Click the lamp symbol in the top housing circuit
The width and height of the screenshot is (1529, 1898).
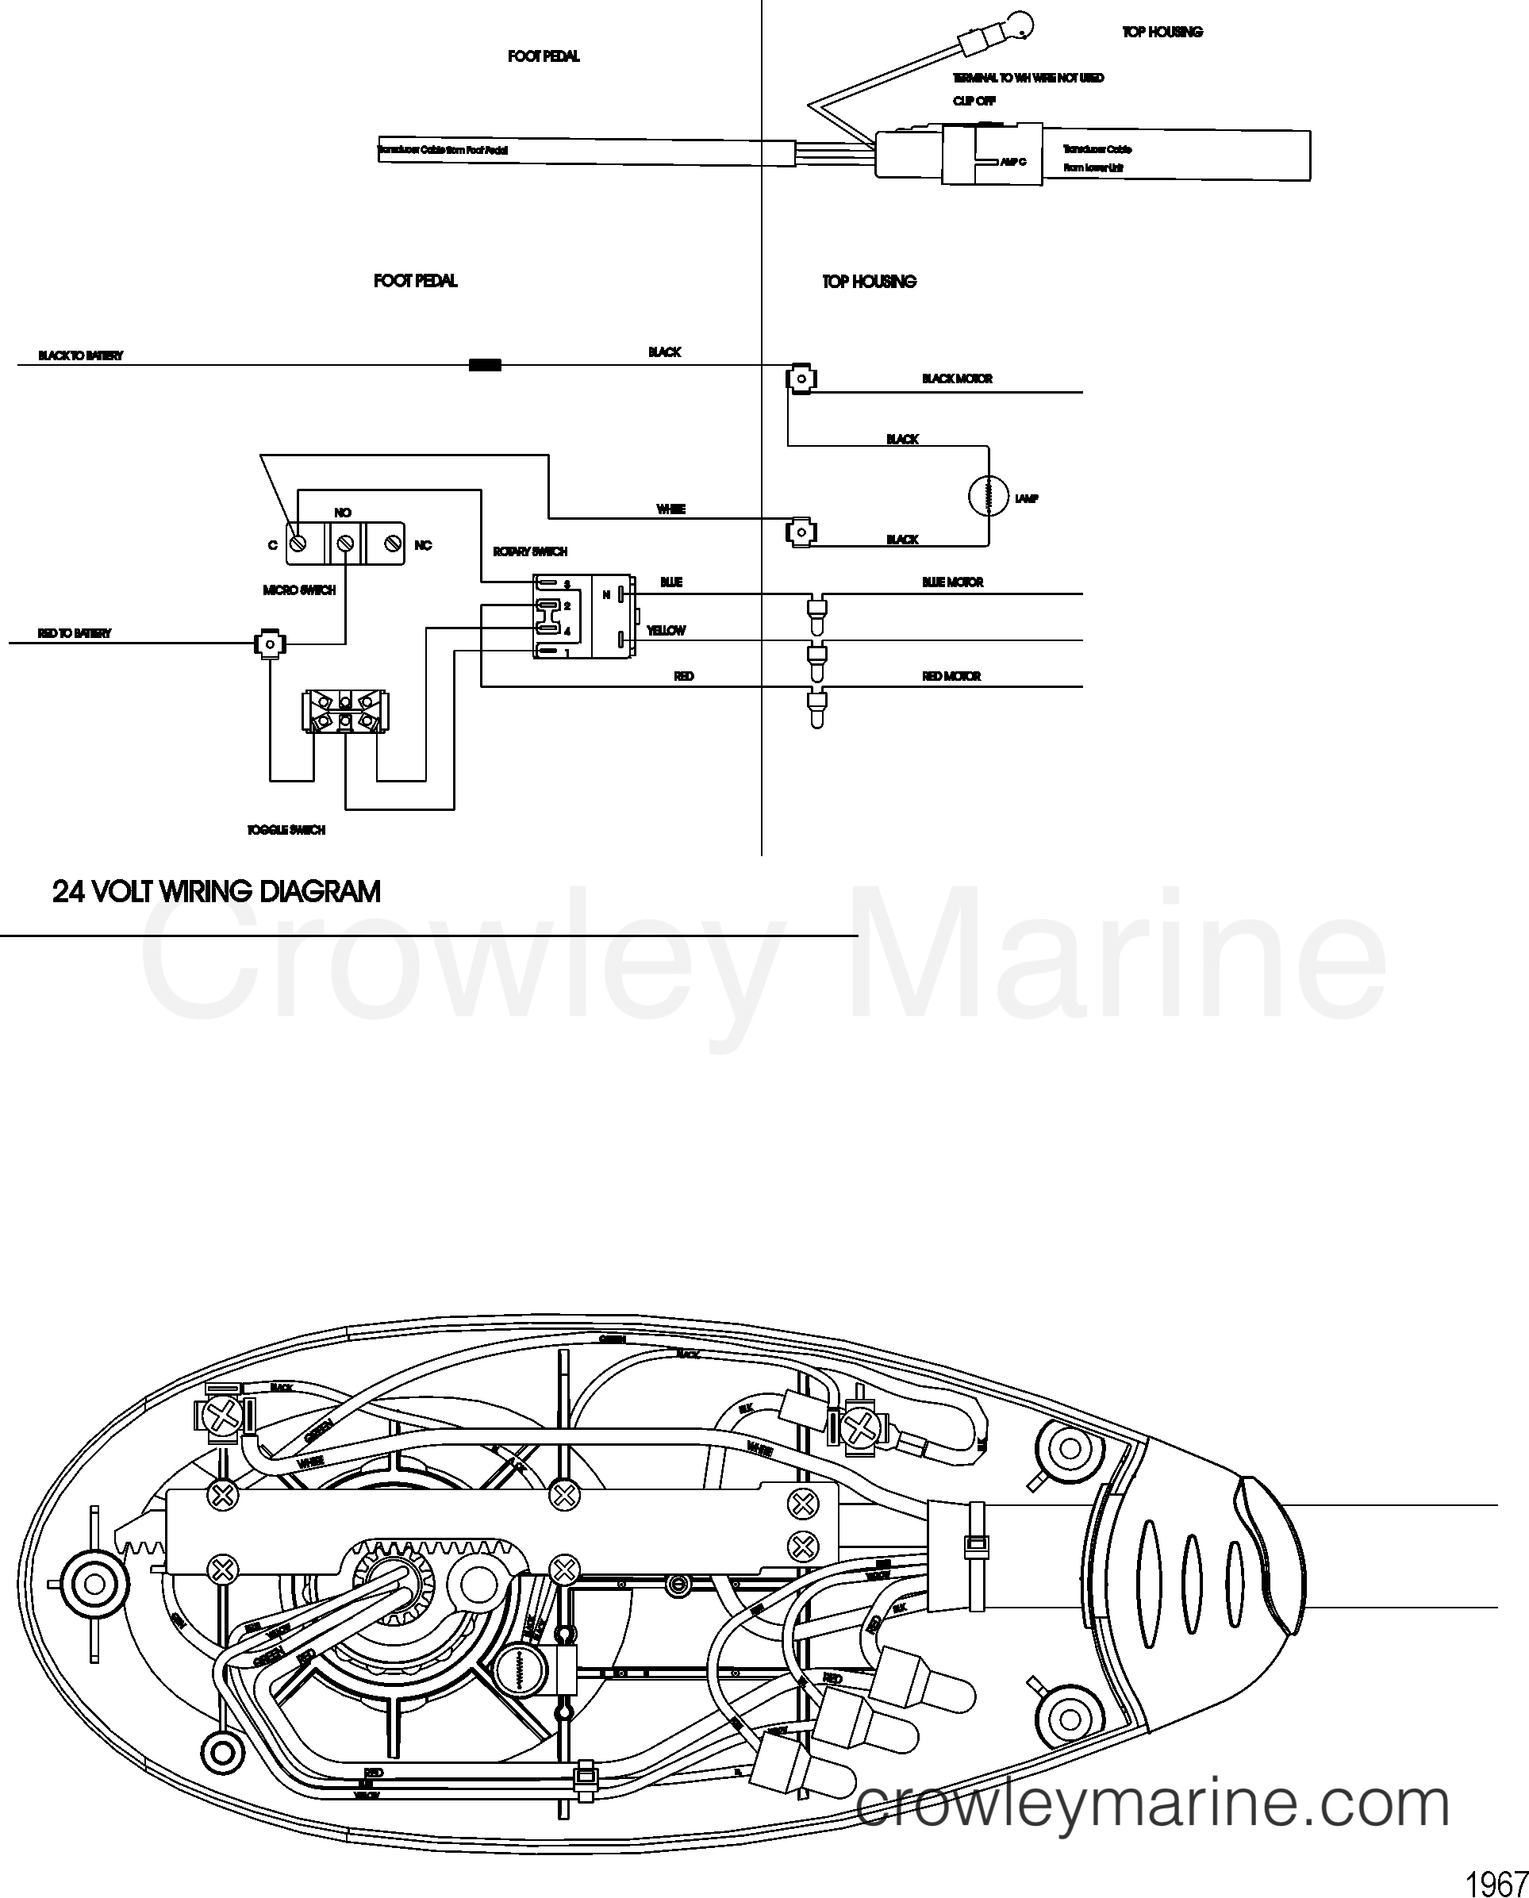[x=988, y=497]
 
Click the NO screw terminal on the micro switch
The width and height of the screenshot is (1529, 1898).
[x=344, y=544]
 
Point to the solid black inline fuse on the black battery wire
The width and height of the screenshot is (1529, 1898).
[x=485, y=365]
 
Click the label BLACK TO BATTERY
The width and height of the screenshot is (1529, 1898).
[x=80, y=355]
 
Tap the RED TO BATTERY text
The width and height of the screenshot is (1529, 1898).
[x=74, y=633]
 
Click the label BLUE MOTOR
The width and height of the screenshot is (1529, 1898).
[x=952, y=582]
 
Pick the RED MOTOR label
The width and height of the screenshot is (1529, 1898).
[x=951, y=676]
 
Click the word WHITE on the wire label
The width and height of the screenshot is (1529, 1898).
[x=671, y=509]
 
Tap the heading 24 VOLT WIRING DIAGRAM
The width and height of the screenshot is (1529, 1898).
[x=217, y=891]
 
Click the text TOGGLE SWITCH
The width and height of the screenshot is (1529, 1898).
[x=286, y=830]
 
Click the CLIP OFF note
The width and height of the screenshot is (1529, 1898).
[x=974, y=101]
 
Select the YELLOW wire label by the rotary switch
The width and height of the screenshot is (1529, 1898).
[x=666, y=631]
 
